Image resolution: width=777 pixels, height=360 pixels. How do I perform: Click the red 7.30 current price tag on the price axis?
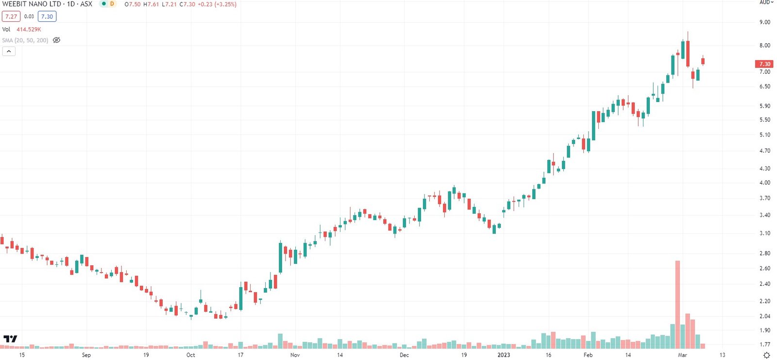[764, 64]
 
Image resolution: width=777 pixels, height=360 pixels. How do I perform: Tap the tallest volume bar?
[677, 305]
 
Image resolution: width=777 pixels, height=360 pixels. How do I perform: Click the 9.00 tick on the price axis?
[765, 22]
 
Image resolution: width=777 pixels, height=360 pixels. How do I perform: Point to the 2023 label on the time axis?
[504, 355]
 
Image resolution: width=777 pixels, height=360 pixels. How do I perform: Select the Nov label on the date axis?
[295, 355]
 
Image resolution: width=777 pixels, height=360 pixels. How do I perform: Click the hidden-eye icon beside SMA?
[56, 40]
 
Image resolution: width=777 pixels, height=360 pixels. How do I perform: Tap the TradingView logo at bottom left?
[10, 339]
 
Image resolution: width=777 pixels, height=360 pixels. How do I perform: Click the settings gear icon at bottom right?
[767, 355]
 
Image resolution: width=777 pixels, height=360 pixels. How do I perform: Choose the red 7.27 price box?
[11, 17]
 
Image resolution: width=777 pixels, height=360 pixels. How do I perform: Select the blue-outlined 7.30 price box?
[47, 17]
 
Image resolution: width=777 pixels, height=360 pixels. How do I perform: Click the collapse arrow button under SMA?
[9, 51]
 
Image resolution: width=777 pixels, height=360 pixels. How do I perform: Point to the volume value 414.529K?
[29, 30]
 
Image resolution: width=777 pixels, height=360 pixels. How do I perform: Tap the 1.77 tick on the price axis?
[765, 344]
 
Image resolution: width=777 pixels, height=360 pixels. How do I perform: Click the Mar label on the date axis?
[682, 355]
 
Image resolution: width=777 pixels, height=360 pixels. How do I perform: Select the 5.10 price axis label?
[765, 135]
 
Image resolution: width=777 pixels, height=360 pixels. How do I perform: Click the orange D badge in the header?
[112, 4]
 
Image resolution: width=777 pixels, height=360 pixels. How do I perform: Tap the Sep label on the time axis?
[86, 355]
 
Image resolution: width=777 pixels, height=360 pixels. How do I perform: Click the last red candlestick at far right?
[703, 61]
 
